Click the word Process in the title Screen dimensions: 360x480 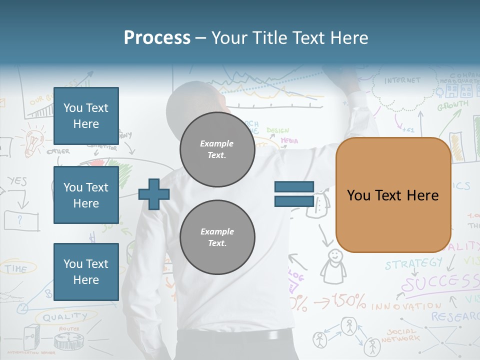pos(157,38)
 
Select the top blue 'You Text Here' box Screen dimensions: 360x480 pos(86,116)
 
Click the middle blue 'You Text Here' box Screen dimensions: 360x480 pos(86,195)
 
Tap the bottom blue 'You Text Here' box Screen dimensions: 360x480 pos(86,272)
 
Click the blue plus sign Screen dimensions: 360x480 pos(154,194)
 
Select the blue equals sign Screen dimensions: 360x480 pos(294,194)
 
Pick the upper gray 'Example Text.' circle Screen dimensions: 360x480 pos(217,149)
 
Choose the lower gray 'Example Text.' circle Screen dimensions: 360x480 pos(217,237)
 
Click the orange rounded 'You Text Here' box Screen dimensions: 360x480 pos(393,195)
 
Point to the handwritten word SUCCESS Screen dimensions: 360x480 pos(440,283)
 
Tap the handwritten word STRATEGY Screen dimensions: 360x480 pos(413,263)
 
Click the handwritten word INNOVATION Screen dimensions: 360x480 pos(406,305)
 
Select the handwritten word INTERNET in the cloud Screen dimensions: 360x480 pos(402,80)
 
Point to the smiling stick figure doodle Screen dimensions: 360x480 pos(333,265)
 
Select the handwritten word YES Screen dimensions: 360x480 pos(17,181)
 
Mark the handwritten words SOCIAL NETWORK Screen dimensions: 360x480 pos(400,335)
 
